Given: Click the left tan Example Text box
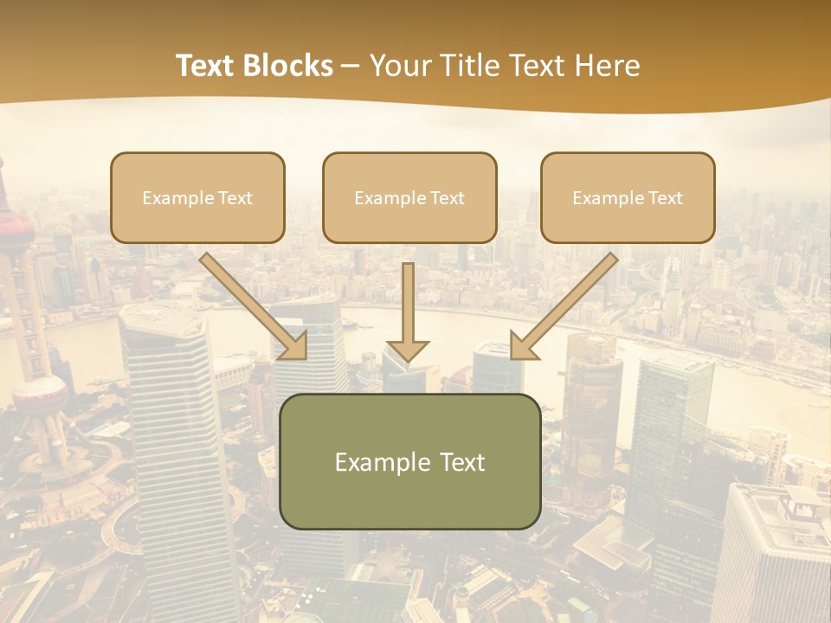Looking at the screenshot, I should point(197,198).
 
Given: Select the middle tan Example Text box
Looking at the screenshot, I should point(409,198).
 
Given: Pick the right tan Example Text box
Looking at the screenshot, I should point(628,198).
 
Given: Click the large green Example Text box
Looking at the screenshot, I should point(409,461).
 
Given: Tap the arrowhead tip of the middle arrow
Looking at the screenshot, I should point(408,357).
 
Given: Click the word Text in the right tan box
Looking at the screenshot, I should point(665,198).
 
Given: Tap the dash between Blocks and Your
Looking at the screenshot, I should point(351,66).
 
